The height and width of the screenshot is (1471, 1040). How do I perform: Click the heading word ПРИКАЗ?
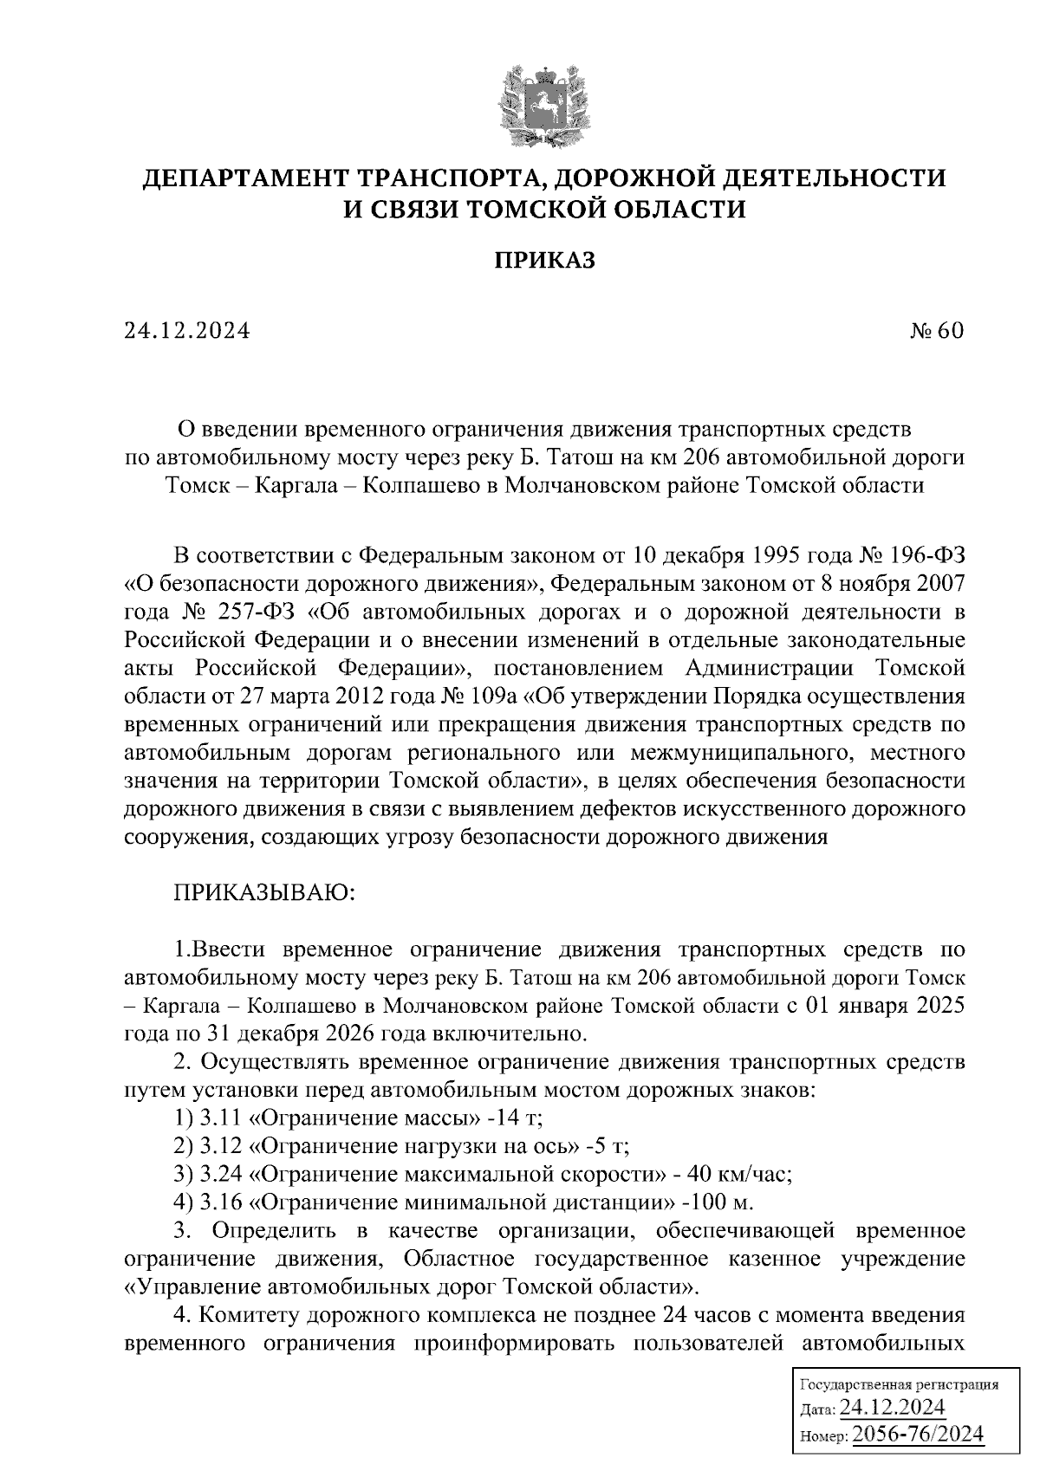pyautogui.click(x=544, y=261)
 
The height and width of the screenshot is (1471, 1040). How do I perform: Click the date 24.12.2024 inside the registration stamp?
pyautogui.click(x=892, y=1407)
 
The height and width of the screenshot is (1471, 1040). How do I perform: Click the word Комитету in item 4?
pyautogui.click(x=247, y=1316)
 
